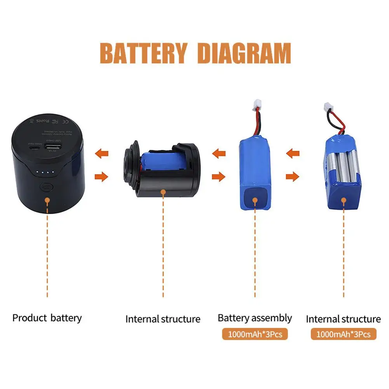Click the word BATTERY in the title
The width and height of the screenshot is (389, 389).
tap(144, 53)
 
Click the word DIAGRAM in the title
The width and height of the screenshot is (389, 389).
tap(244, 53)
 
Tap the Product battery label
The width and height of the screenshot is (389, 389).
tap(47, 318)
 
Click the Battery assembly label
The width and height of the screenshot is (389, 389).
tap(255, 318)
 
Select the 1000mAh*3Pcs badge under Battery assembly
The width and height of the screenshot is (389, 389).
tap(255, 334)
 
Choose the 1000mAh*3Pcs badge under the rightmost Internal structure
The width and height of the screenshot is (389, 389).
tap(344, 334)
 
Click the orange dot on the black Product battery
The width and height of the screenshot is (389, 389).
tap(47, 201)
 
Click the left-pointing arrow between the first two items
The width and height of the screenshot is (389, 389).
tap(102, 153)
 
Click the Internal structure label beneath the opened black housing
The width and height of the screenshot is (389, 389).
tap(163, 319)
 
